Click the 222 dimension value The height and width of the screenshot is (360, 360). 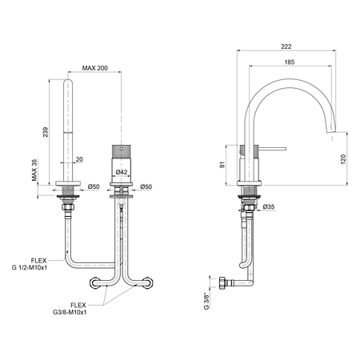click(286, 46)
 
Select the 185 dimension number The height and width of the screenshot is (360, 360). click(290, 62)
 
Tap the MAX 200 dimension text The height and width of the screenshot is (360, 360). click(95, 68)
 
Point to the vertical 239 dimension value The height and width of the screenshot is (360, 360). click(46, 132)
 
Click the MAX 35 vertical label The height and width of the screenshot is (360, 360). click(34, 170)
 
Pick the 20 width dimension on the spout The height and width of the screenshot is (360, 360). click(79, 159)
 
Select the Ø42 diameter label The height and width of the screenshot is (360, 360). click(122, 172)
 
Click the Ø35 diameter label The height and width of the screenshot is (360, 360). click(269, 206)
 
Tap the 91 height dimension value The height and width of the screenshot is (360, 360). click(222, 165)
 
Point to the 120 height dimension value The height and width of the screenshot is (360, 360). click(343, 159)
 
